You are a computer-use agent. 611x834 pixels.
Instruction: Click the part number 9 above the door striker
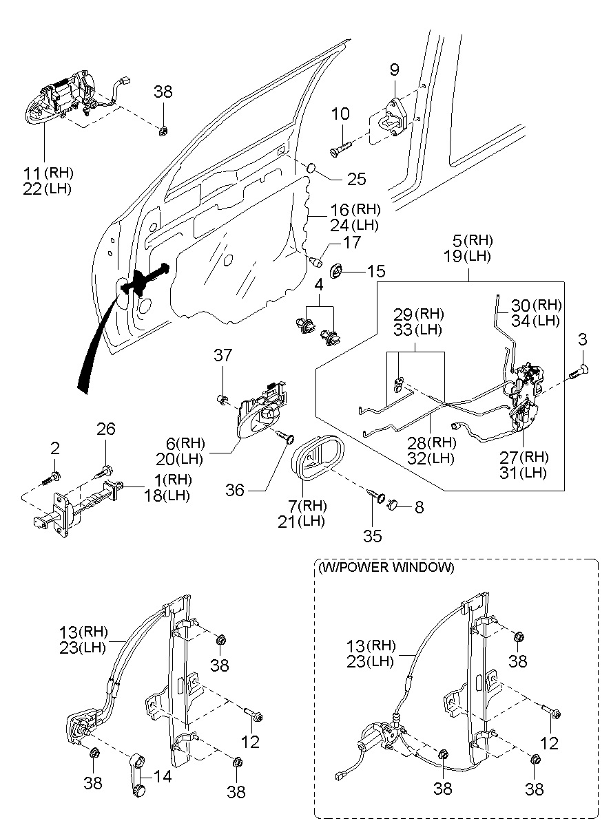point(395,69)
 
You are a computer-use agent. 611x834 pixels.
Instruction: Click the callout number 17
point(351,242)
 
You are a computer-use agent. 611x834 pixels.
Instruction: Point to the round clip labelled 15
point(337,270)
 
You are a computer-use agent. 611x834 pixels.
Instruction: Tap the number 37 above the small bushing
point(222,355)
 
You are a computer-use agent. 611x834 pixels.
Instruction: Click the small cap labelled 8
point(393,505)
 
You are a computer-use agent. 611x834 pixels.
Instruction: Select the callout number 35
point(372,536)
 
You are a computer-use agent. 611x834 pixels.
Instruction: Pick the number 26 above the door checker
point(106,429)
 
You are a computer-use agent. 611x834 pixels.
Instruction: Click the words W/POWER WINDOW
point(386,568)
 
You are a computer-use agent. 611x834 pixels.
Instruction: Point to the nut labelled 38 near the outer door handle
point(163,131)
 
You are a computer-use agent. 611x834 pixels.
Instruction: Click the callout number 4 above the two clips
point(319,285)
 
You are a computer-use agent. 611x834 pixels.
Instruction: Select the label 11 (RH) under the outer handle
point(48,173)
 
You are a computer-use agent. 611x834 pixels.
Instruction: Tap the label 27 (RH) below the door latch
point(524,457)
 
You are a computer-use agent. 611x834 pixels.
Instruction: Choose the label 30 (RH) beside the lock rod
point(536,306)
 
